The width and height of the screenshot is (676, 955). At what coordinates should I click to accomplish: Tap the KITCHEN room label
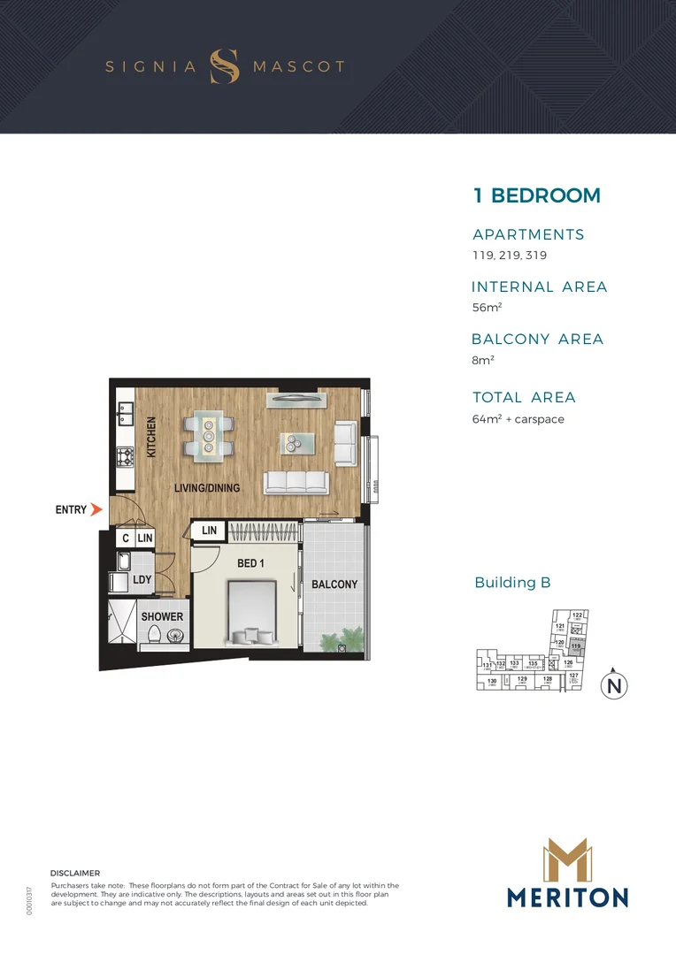point(151,437)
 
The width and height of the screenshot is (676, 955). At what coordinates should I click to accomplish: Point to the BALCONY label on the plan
point(334,584)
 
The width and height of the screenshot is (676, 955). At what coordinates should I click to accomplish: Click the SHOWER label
point(163,616)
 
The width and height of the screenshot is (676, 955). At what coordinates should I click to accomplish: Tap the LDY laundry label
point(142,580)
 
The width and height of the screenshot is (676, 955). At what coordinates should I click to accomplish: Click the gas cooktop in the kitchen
point(125,457)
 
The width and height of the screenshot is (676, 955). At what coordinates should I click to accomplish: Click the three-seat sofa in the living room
point(296,483)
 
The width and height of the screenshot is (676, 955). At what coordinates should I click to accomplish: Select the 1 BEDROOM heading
point(536,195)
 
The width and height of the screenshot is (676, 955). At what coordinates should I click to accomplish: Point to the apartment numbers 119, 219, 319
point(509,256)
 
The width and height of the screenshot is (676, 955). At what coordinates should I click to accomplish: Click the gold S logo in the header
point(225,66)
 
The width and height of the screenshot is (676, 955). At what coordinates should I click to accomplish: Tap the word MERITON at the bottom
point(567,898)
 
